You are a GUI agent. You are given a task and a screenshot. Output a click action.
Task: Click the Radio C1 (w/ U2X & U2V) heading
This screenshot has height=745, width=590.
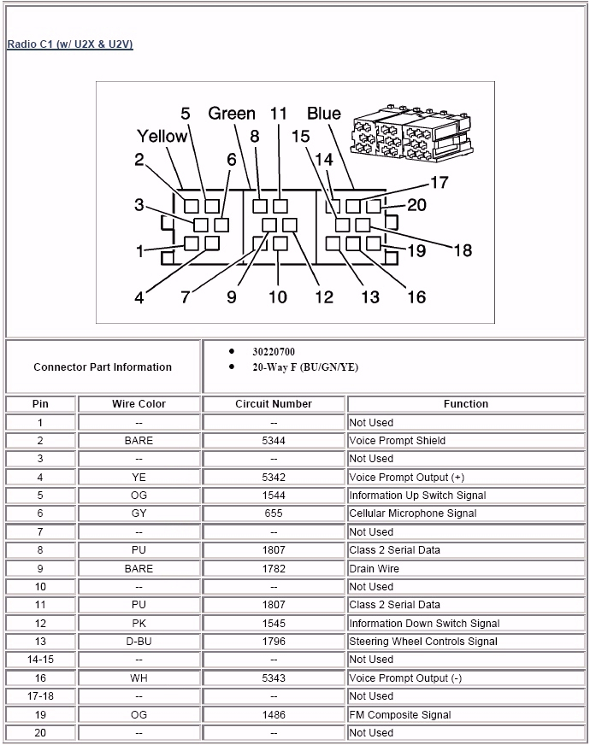click(x=70, y=44)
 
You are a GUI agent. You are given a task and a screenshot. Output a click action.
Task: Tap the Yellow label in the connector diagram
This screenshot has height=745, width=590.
click(x=162, y=137)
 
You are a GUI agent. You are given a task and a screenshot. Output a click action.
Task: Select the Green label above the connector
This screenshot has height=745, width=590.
click(x=232, y=114)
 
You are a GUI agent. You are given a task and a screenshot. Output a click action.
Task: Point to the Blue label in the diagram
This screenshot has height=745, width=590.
click(x=323, y=114)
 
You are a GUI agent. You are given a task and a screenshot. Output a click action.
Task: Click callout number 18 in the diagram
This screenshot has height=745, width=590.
click(x=462, y=250)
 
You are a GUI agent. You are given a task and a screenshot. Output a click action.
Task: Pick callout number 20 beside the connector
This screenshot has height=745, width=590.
click(x=416, y=204)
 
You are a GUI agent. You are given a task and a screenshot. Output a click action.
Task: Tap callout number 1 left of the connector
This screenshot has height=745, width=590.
click(x=140, y=251)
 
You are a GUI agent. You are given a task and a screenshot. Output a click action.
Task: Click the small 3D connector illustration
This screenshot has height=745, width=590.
click(x=409, y=136)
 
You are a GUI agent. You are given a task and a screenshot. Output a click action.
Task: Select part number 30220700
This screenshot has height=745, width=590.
click(x=274, y=351)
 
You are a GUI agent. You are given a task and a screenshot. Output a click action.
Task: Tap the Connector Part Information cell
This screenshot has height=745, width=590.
click(x=103, y=367)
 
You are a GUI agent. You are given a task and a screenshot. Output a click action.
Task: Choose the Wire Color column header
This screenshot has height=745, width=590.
click(x=139, y=404)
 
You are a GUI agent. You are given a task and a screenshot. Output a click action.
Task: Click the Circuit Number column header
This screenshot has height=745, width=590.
click(x=274, y=404)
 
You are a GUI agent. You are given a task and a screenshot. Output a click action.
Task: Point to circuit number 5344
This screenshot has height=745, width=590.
click(x=274, y=441)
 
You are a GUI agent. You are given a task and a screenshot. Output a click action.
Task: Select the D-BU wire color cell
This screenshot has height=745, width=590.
click(x=139, y=642)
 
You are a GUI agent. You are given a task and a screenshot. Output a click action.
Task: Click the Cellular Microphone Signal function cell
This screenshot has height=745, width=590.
click(x=412, y=513)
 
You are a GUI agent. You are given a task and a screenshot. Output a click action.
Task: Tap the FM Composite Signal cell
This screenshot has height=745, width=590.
click(x=399, y=715)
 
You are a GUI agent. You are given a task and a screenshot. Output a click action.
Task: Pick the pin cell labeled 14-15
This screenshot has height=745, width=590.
click(x=40, y=660)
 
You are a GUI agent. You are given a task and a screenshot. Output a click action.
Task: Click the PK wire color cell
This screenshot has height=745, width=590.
click(x=139, y=624)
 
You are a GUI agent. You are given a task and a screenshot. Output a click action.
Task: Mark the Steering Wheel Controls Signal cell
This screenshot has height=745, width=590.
click(x=422, y=642)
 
